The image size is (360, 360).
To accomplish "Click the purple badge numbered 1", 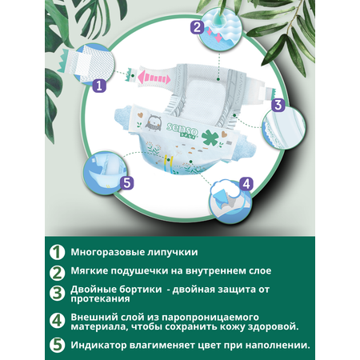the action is point(99,86).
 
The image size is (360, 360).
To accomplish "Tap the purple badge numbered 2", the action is point(197,27).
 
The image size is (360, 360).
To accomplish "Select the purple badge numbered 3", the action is point(278,105).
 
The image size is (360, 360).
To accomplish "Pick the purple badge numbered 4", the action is point(246,184).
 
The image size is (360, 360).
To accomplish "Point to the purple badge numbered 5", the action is point(126,183).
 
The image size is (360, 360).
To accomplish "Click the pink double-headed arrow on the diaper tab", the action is point(154,77).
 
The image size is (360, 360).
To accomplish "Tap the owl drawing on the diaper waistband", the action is point(153,122).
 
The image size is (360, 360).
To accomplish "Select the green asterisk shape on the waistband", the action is point(210,138).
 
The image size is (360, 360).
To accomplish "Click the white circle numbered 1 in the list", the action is point(57,252).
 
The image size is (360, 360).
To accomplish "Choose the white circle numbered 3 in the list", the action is point(57,294).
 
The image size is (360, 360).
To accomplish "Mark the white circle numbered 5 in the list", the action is point(57,345).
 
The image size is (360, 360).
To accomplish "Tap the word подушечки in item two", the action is point(138,271).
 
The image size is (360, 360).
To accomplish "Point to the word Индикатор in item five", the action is point(98,346).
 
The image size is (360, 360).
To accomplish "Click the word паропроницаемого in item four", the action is point(210,318).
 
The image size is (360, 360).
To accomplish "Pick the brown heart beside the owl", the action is point(140,115).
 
